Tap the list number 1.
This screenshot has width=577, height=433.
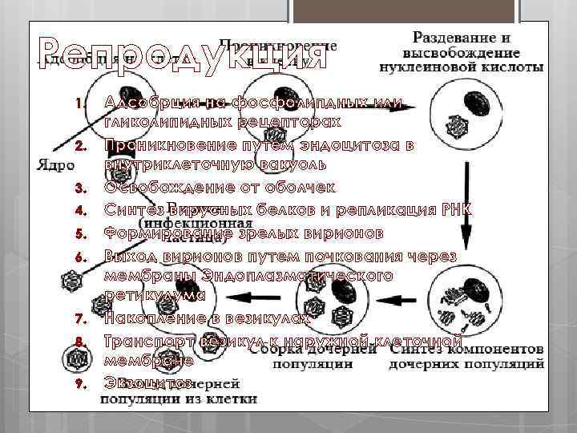(x=78, y=103)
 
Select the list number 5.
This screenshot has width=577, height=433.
(x=78, y=234)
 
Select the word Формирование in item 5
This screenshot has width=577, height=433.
(x=167, y=233)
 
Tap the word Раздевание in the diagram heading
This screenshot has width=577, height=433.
(x=452, y=37)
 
